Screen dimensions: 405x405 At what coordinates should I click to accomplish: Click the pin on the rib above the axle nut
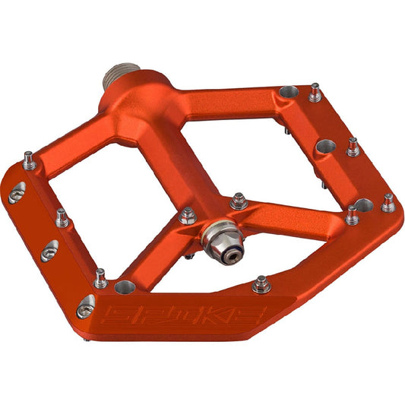(238, 201)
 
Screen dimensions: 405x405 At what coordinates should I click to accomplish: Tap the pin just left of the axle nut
(187, 217)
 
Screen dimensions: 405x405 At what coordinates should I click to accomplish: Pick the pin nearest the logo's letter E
(261, 284)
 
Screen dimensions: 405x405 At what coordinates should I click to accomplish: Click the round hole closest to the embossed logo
(125, 288)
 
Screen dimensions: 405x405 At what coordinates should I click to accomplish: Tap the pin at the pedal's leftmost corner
(29, 160)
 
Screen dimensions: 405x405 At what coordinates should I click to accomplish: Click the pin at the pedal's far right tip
(388, 203)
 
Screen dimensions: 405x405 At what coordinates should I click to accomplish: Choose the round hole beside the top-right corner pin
(287, 92)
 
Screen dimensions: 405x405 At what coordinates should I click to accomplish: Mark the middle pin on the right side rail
(352, 146)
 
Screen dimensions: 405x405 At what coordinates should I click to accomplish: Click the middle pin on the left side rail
(62, 219)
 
